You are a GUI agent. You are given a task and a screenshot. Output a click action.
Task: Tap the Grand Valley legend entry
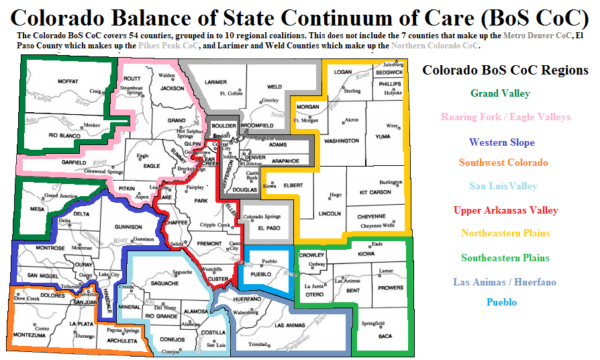point(500,93)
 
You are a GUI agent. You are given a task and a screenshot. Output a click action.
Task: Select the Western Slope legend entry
point(501,142)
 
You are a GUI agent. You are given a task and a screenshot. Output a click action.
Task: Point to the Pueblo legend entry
point(501,302)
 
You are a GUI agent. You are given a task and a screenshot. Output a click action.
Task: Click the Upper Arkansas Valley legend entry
point(505,210)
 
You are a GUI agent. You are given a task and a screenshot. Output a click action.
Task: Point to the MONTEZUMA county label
point(30,334)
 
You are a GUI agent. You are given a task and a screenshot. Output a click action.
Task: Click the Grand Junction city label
point(61,196)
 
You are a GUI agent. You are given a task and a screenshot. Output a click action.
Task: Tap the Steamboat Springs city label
point(131,91)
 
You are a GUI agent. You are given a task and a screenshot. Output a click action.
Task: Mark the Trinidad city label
point(258,345)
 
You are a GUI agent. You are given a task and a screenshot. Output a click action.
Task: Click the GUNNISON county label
point(129,227)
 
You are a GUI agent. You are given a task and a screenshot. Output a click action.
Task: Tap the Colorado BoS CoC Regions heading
point(505,70)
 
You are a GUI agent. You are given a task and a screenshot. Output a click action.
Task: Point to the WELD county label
point(274,87)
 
